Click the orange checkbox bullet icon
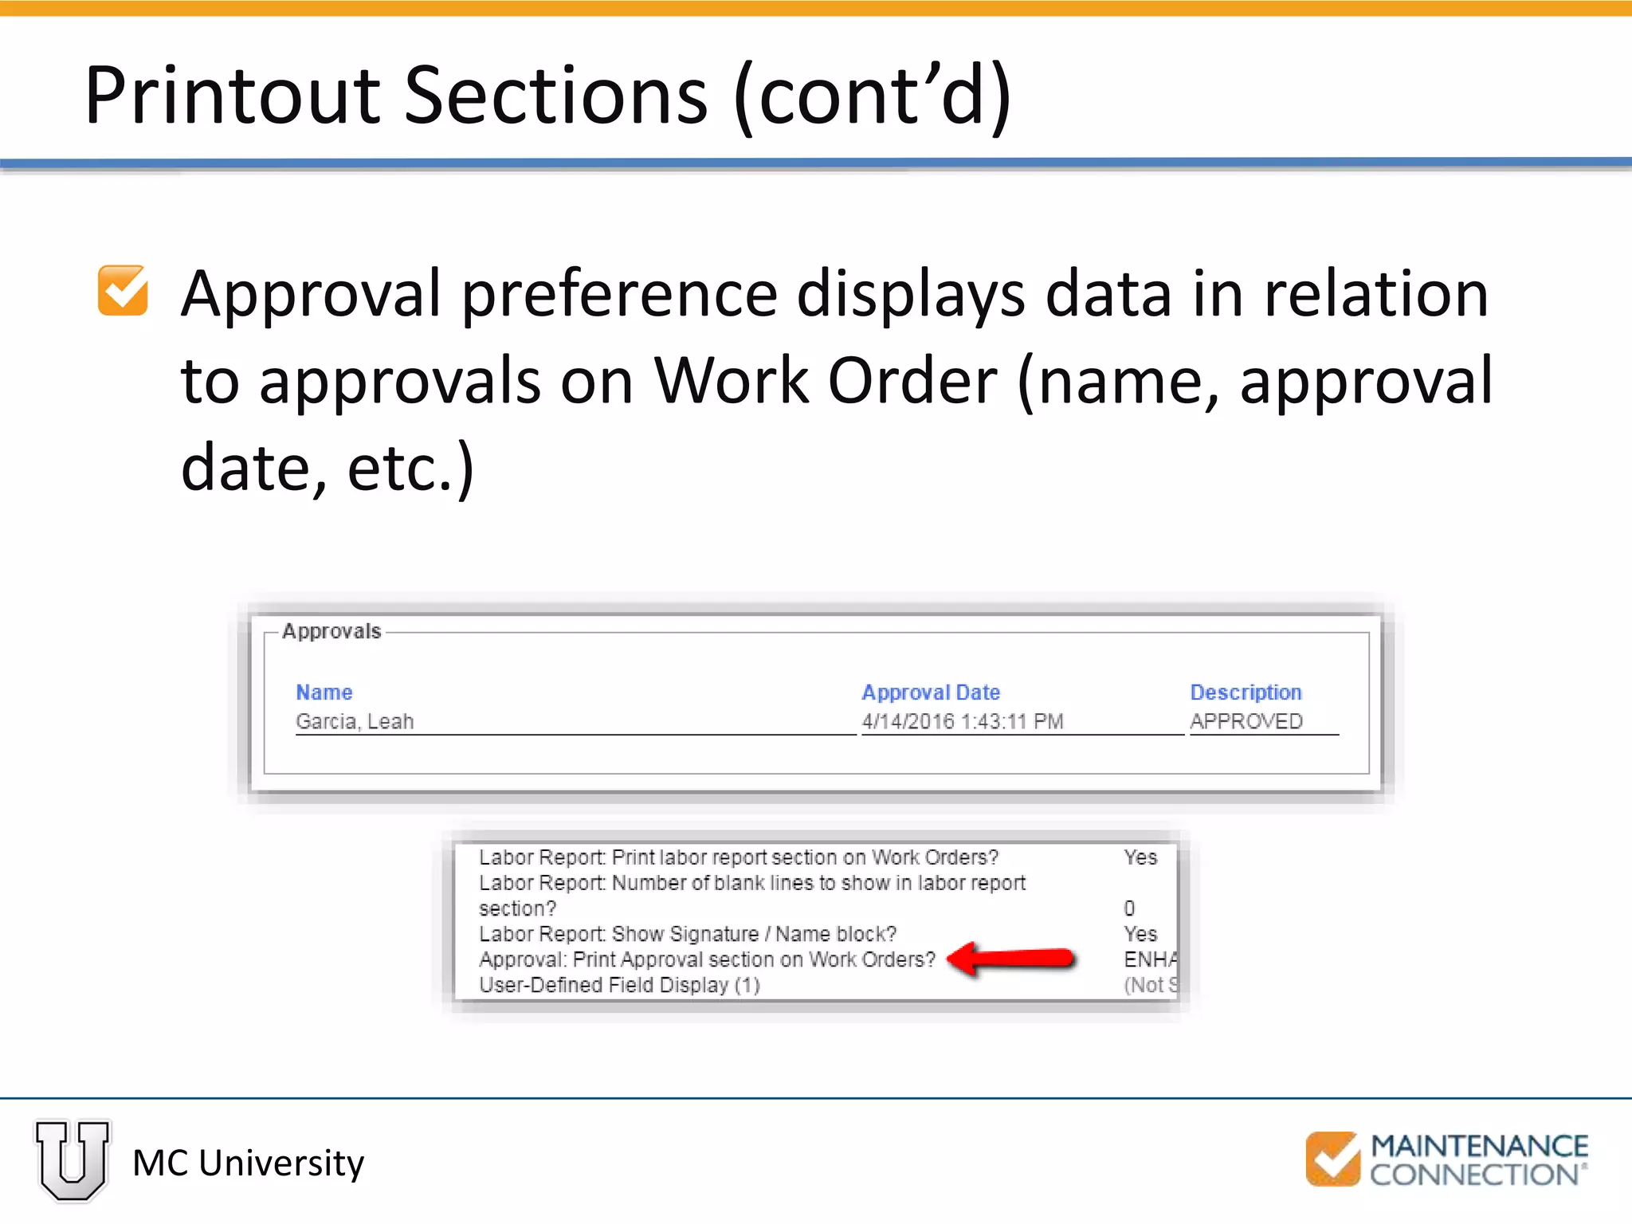click(123, 291)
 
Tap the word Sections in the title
click(555, 96)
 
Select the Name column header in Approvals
click(324, 692)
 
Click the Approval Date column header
click(930, 692)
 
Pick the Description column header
click(1246, 692)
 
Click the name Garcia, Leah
click(355, 721)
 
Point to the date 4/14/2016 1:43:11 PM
click(962, 721)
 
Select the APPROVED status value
click(1246, 721)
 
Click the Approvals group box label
click(331, 631)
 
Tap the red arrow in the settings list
click(1012, 958)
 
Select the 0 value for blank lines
click(1129, 908)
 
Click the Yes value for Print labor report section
click(1140, 857)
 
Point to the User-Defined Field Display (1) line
click(619, 985)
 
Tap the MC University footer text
click(248, 1163)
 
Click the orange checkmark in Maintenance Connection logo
click(1332, 1158)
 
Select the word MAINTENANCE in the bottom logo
click(1479, 1146)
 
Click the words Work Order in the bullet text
click(826, 381)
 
